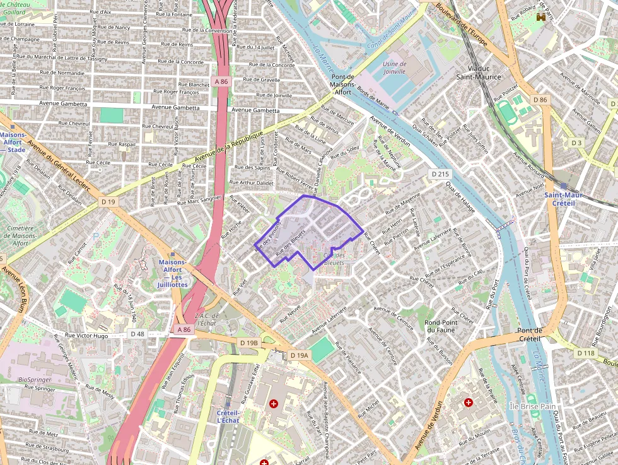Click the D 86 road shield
pos(539,100)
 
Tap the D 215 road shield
pos(440,174)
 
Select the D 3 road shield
pos(576,143)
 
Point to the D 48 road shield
pos(138,333)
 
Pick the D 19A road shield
pos(300,355)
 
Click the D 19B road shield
pos(249,343)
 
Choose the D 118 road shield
pos(586,353)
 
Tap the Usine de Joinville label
pos(394,68)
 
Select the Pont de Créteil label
pos(530,334)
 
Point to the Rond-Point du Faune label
pos(441,326)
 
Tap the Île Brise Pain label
pos(532,407)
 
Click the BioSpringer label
pos(35,379)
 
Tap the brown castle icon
pos(540,18)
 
